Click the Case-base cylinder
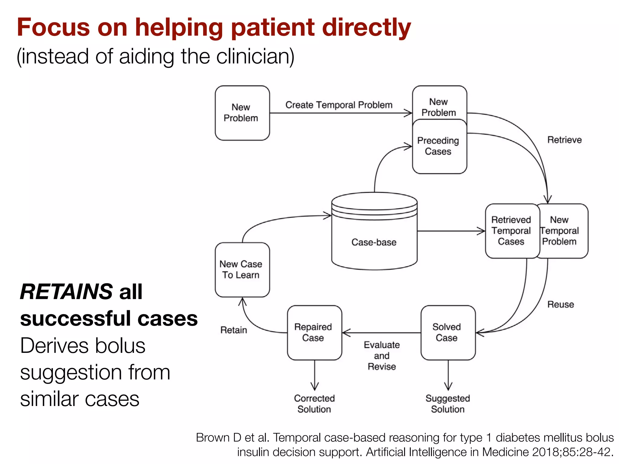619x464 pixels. (x=374, y=236)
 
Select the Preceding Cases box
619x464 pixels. (x=439, y=146)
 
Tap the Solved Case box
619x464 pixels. (x=448, y=332)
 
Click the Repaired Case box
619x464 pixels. (x=314, y=332)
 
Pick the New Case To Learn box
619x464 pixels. (x=242, y=269)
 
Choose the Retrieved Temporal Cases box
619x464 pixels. (x=511, y=231)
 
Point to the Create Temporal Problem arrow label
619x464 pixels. (x=339, y=105)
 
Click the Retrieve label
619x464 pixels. (x=564, y=140)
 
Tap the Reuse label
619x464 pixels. (x=560, y=304)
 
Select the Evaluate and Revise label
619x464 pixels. (x=382, y=356)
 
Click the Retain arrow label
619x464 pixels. (x=234, y=330)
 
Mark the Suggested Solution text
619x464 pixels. (x=448, y=404)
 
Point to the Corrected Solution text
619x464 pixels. (x=314, y=404)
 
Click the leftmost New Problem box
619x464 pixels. (x=242, y=113)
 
